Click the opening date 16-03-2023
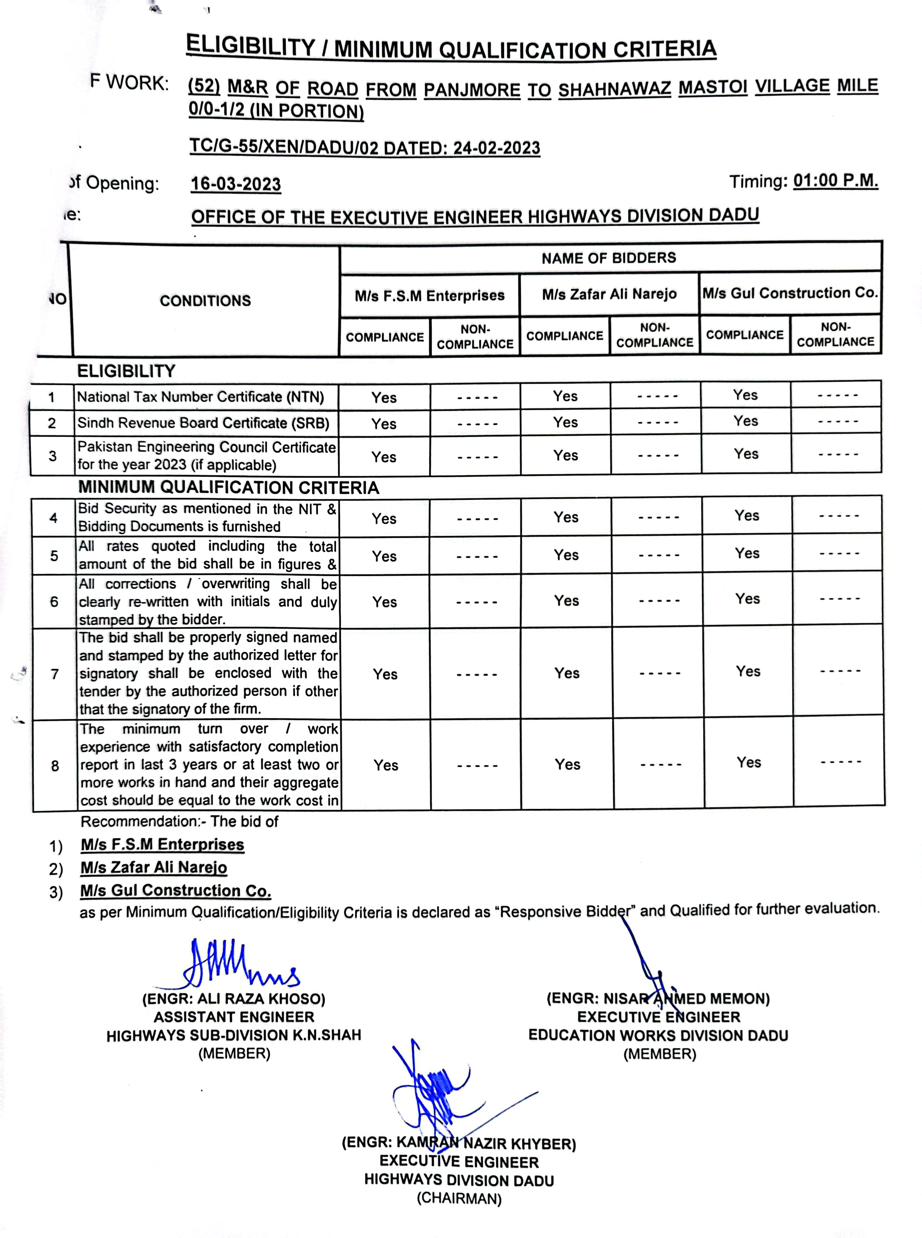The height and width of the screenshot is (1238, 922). pyautogui.click(x=235, y=184)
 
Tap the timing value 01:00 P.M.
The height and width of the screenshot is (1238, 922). pyautogui.click(x=836, y=181)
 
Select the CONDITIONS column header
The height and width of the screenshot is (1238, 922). pyautogui.click(x=205, y=301)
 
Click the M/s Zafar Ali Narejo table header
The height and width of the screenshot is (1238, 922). pyautogui.click(x=609, y=294)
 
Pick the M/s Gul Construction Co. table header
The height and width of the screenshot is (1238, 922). pyautogui.click(x=790, y=293)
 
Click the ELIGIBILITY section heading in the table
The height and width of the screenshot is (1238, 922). pyautogui.click(x=126, y=371)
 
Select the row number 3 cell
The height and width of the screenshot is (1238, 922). pyautogui.click(x=52, y=456)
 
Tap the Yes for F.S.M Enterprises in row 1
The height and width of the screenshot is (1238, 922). pyautogui.click(x=384, y=397)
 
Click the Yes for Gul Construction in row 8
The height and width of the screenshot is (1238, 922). pyautogui.click(x=749, y=763)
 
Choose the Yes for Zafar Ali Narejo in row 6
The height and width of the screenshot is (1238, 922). pyautogui.click(x=566, y=601)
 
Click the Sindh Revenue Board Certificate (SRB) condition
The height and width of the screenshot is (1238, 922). pyautogui.click(x=203, y=423)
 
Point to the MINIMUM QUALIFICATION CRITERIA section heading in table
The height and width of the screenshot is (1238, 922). pyautogui.click(x=228, y=487)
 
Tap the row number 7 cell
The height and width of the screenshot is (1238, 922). pyautogui.click(x=55, y=674)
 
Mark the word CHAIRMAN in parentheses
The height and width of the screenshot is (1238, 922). pyautogui.click(x=459, y=1199)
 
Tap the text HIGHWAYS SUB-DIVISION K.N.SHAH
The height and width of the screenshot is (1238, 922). pyautogui.click(x=234, y=1036)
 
